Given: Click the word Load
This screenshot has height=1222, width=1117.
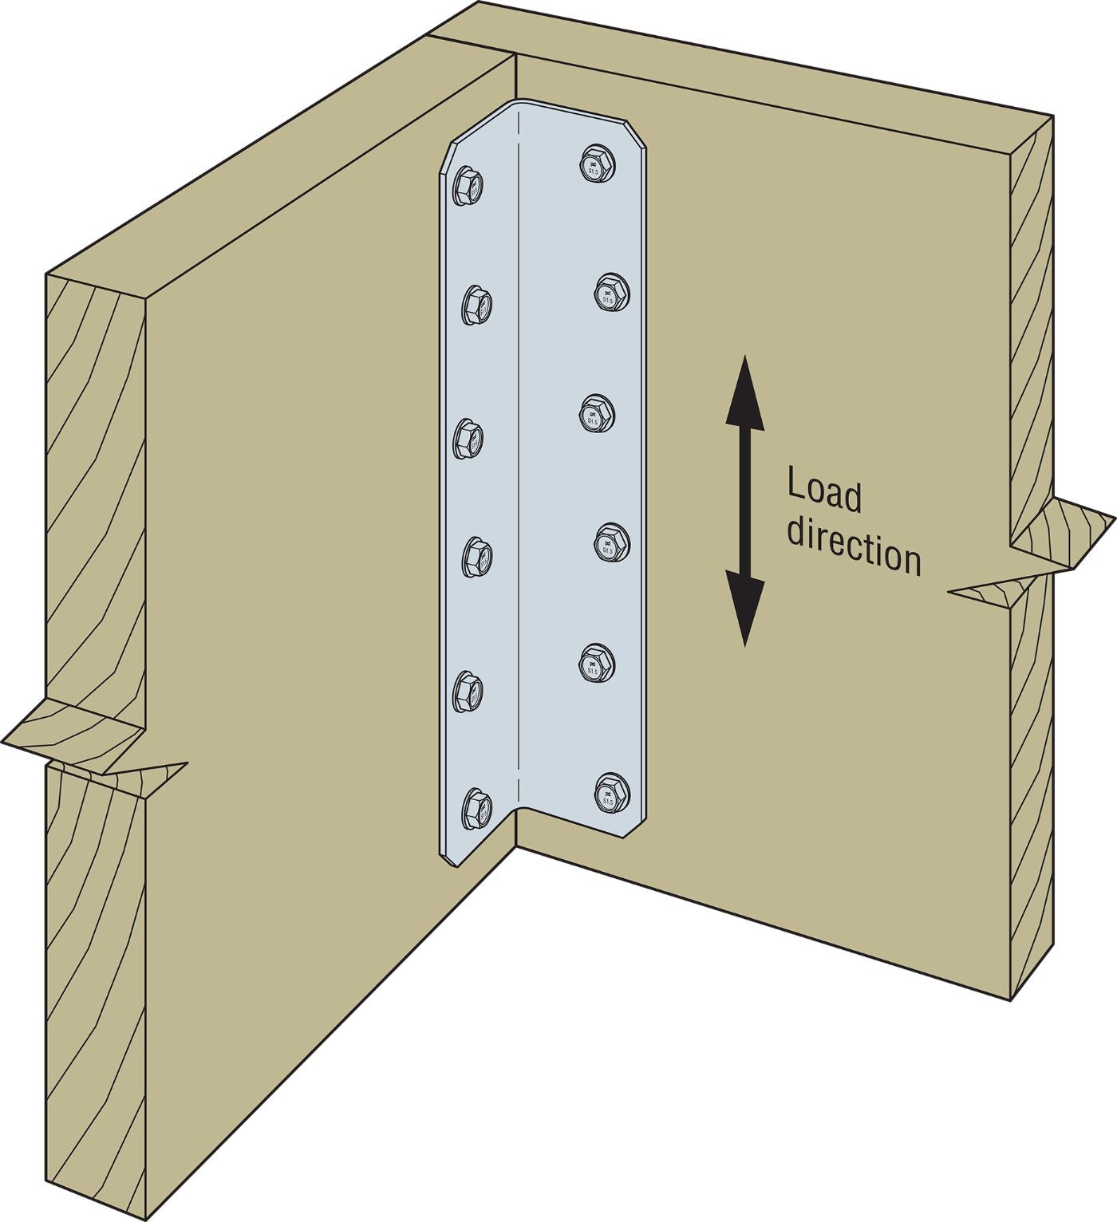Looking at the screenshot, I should [824, 493].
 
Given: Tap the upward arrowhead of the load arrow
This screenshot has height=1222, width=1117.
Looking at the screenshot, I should [744, 387].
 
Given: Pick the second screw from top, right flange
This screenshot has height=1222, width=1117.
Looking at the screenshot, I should [613, 292].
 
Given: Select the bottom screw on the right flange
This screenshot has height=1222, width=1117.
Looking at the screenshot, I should [613, 793].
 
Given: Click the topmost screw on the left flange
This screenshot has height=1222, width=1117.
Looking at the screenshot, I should [468, 189].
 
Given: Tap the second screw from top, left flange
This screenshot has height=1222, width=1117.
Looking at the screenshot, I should [476, 304].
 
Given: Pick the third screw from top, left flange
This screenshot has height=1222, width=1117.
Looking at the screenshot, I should [469, 438].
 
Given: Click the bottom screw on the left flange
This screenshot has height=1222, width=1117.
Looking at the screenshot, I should [476, 808].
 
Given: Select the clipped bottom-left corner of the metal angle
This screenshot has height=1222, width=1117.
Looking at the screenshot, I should [447, 853].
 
